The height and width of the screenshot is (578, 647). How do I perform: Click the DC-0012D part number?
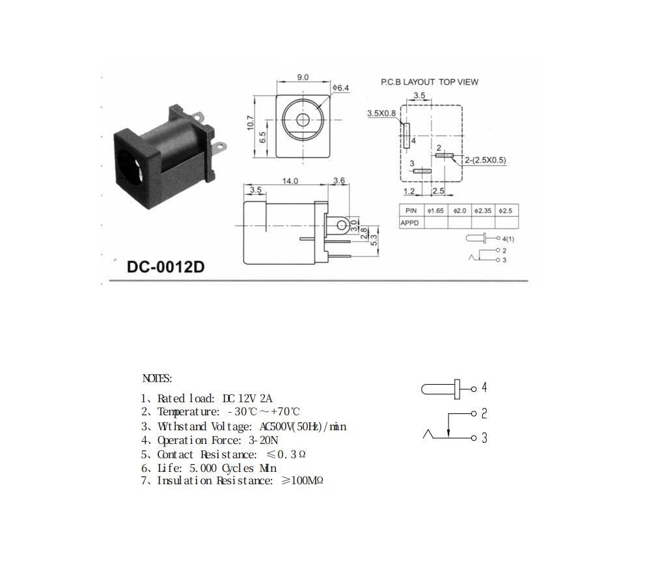(165, 267)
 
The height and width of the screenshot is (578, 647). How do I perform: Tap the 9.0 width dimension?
(303, 77)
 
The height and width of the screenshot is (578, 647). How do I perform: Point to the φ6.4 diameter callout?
(341, 88)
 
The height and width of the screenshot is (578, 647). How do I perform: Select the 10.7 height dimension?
(251, 123)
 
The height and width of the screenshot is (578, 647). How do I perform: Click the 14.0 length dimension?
(290, 181)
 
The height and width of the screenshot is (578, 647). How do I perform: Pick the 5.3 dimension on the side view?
(374, 240)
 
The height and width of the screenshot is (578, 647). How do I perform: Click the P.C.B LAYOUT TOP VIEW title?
(430, 82)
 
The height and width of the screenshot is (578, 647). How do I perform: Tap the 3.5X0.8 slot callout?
(381, 113)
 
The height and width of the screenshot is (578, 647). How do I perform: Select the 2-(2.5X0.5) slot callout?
(486, 160)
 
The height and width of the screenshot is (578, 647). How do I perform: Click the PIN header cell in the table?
(411, 210)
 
